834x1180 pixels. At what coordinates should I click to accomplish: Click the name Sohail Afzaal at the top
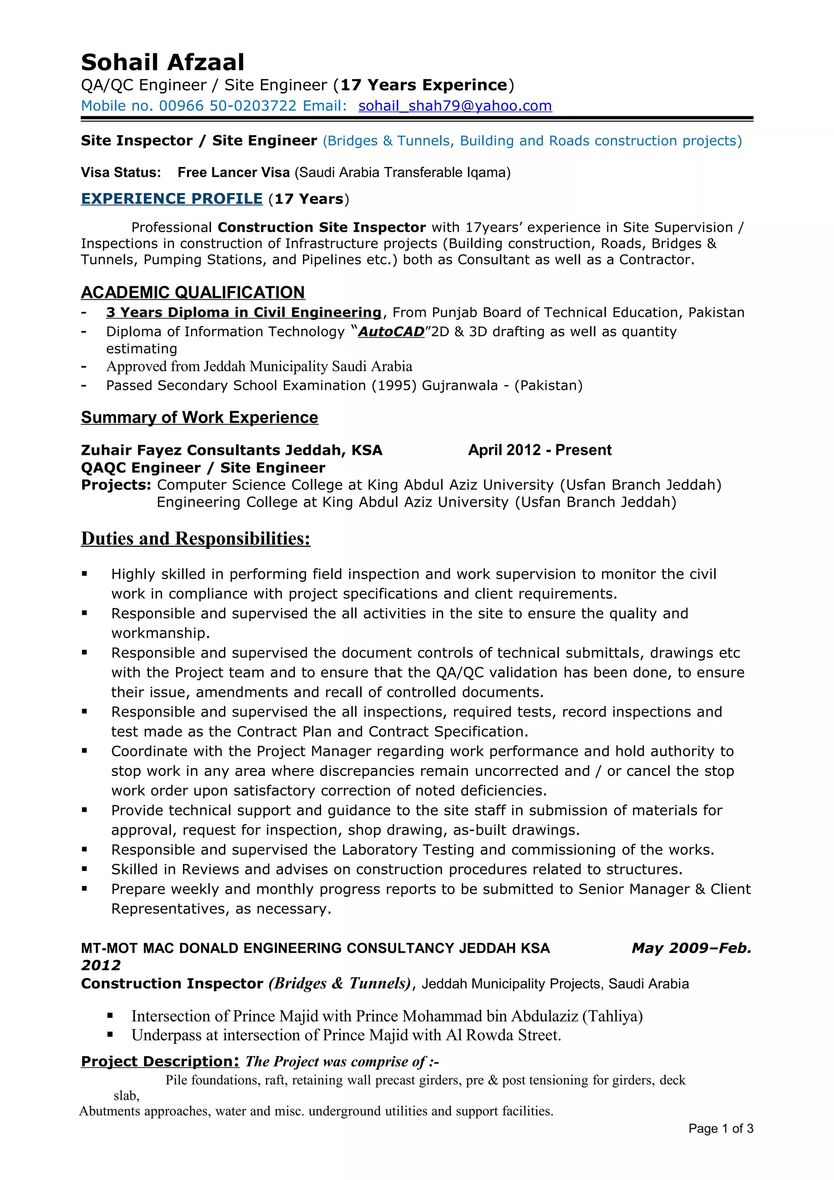(162, 62)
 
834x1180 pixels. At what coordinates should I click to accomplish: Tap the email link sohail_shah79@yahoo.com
(455, 106)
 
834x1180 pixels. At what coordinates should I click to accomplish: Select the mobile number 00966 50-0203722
(228, 106)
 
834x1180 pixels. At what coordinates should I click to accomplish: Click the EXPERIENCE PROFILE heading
(171, 199)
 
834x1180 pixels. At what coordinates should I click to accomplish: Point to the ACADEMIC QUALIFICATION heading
(193, 292)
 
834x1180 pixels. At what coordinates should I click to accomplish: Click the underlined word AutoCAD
(391, 332)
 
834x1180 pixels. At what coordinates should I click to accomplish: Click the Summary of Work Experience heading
(200, 417)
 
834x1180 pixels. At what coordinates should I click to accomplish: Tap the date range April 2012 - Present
(540, 450)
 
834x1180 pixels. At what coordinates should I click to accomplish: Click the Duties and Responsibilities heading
(195, 539)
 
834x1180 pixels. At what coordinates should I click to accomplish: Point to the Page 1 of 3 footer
(720, 1129)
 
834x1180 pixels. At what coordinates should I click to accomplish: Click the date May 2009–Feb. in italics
(691, 948)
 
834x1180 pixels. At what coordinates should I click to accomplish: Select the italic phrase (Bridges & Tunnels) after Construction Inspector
(339, 984)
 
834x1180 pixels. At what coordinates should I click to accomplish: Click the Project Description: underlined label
(160, 1061)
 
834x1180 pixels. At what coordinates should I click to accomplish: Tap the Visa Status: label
(121, 173)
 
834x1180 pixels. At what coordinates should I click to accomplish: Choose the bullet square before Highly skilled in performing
(84, 574)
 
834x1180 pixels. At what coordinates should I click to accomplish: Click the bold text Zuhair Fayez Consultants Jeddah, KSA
(231, 450)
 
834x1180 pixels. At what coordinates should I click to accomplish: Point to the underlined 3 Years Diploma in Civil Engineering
(244, 312)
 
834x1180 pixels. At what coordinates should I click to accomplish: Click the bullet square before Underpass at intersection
(110, 1035)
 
